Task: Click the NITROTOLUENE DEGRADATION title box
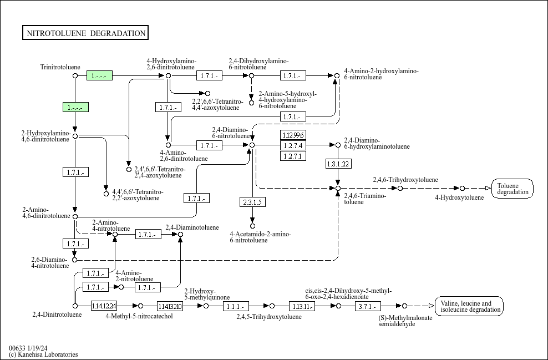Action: point(85,33)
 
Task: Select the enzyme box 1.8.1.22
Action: point(338,164)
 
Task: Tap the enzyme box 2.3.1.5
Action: point(252,202)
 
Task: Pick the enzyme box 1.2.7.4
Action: point(293,145)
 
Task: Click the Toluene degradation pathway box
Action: point(513,189)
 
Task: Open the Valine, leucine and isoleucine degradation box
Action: point(469,306)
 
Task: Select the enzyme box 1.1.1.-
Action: point(236,306)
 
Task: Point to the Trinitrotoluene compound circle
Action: point(75,75)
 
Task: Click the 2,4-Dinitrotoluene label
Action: point(57,315)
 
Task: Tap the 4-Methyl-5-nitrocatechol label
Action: point(139,316)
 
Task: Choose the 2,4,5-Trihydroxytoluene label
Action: point(269,317)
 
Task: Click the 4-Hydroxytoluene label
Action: point(459,197)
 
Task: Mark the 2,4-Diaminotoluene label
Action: point(192,227)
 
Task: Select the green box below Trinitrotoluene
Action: point(75,107)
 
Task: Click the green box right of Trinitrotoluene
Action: point(100,75)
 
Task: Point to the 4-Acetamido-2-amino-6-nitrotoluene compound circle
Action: point(252,226)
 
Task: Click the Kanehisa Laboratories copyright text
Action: point(43,354)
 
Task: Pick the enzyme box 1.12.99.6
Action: point(293,135)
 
